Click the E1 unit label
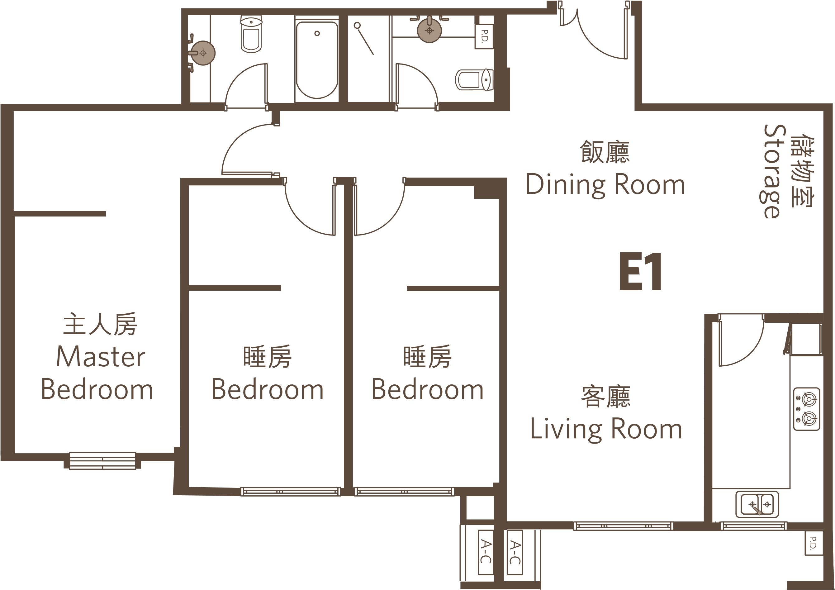(x=640, y=271)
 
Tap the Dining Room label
(x=605, y=185)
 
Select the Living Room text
(x=606, y=429)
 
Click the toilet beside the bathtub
(x=251, y=34)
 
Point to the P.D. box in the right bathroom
(x=484, y=36)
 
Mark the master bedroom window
(x=102, y=460)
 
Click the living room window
(x=623, y=526)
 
